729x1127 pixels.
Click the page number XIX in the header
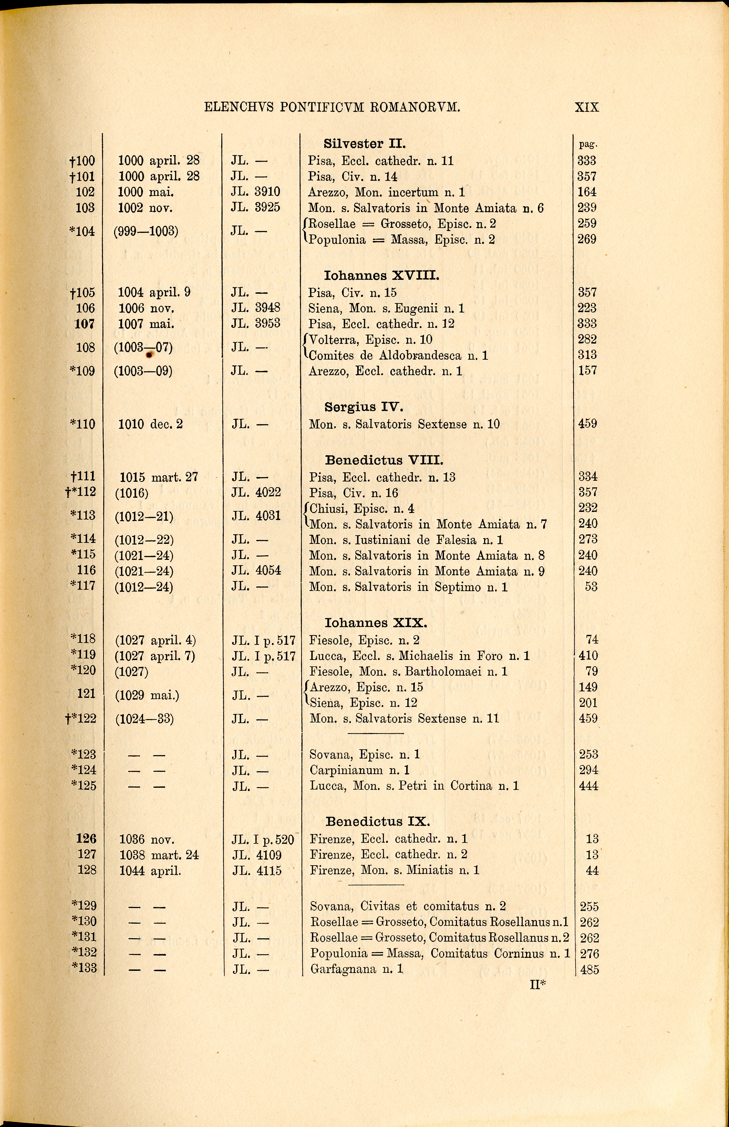[x=587, y=107]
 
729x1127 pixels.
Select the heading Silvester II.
[x=365, y=143]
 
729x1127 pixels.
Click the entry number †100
[x=81, y=161]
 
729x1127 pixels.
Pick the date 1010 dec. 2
[x=150, y=424]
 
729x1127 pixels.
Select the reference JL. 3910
[x=256, y=192]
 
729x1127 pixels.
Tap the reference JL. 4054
[x=256, y=571]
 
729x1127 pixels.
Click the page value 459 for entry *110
[x=587, y=424]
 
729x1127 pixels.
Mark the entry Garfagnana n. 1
[x=356, y=969]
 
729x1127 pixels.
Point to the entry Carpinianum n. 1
[x=359, y=770]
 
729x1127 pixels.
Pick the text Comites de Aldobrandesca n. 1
[x=398, y=355]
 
